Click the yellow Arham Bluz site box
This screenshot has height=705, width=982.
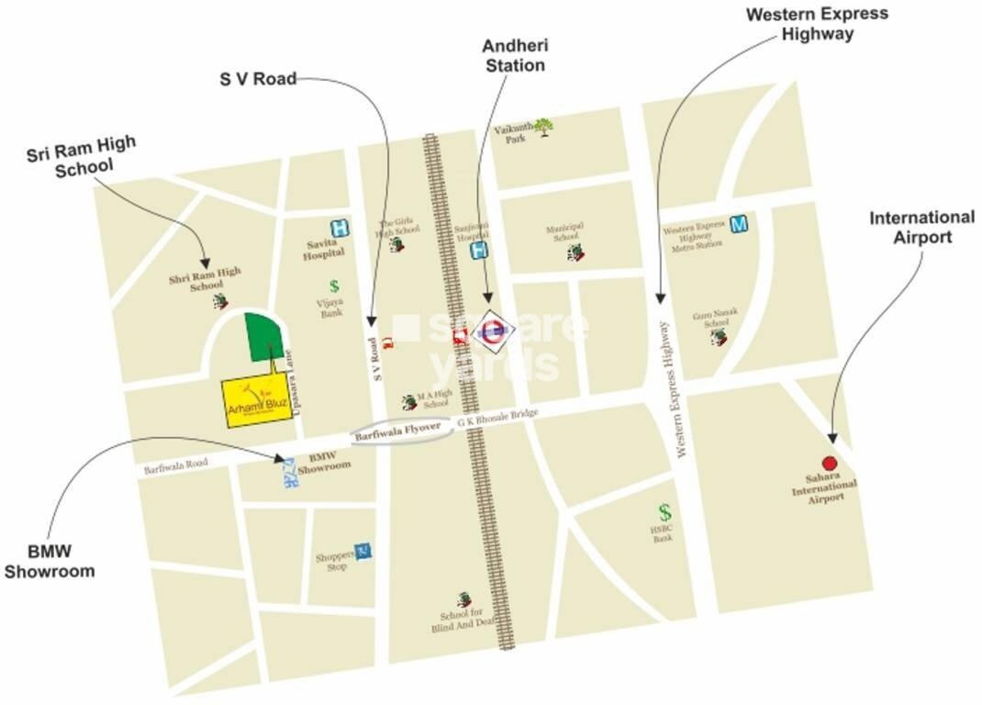tap(257, 400)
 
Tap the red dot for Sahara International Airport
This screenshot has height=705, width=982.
tap(830, 464)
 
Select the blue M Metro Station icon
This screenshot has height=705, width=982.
tap(739, 224)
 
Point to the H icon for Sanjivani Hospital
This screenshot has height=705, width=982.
tap(479, 250)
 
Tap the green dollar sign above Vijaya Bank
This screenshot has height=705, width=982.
tap(334, 287)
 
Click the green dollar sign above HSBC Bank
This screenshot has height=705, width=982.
tap(664, 512)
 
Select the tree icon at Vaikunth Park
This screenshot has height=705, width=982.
tap(544, 127)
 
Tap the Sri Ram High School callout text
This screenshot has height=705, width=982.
tap(82, 154)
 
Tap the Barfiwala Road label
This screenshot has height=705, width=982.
tap(176, 466)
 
